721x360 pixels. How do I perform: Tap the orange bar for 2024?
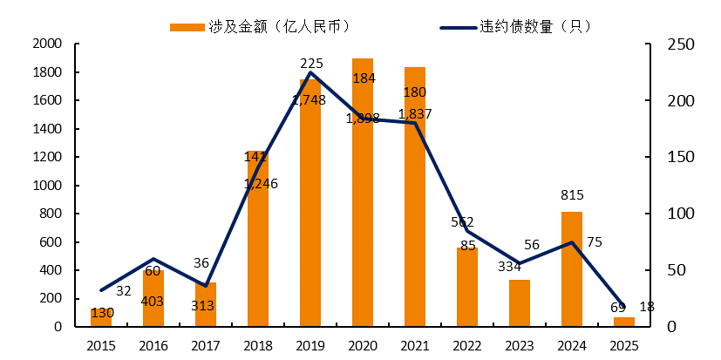tap(572, 270)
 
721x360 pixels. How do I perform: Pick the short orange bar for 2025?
tap(624, 322)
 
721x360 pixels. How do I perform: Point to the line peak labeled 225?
tap(310, 72)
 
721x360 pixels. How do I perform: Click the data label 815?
tap(572, 195)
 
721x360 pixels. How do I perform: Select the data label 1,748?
tap(309, 100)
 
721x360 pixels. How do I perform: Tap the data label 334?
tap(520, 265)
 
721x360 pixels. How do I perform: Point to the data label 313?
tap(206, 305)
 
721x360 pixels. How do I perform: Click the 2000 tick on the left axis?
tap(47, 44)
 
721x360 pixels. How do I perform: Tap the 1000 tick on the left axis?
tap(47, 186)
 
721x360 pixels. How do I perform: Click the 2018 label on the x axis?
tap(258, 345)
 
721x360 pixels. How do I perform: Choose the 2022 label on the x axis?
tap(467, 345)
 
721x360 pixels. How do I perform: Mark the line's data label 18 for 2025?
tap(646, 307)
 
